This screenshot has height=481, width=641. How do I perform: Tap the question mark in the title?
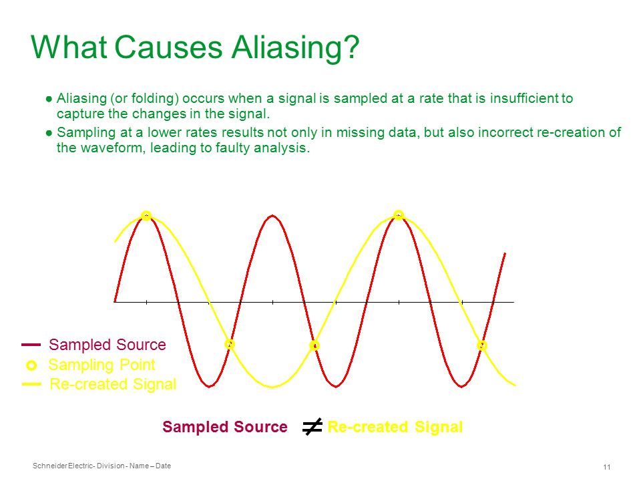coord(349,46)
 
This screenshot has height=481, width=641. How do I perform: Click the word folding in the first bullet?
coord(154,99)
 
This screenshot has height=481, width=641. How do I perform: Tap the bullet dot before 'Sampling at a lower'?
coord(49,133)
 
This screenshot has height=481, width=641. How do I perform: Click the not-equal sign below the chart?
coord(312,427)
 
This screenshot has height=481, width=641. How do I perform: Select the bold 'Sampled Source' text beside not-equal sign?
coord(225,427)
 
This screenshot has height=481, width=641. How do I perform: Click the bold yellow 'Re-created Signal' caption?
coord(395,427)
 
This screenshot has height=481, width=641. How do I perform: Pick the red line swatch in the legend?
coord(31,345)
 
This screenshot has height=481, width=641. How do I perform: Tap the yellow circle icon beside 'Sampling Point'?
coord(31,365)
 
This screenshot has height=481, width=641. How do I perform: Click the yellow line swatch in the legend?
coord(31,384)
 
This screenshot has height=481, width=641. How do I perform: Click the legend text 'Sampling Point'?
coord(101,365)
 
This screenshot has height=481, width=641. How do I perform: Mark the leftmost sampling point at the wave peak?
coord(146,216)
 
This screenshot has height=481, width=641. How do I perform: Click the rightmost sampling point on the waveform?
coord(482,345)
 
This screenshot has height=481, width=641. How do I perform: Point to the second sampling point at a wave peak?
coord(399,215)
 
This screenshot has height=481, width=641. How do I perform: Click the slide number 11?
coord(607,467)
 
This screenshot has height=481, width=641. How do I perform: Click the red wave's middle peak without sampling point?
coord(272,216)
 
